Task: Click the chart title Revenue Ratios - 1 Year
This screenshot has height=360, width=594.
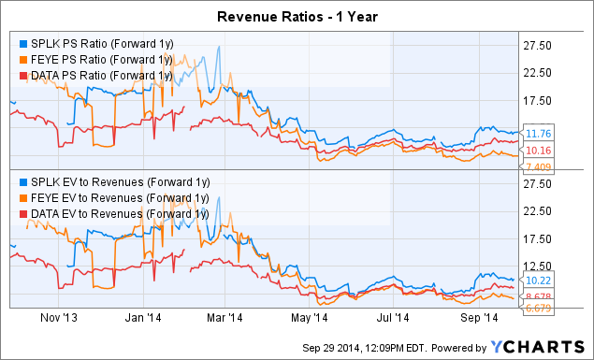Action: (297, 16)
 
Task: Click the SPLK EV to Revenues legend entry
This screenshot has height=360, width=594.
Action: (109, 182)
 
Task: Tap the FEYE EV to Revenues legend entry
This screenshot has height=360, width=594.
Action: (109, 197)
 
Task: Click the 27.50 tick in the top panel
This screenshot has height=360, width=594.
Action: (534, 45)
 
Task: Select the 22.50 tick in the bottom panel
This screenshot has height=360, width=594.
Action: (534, 211)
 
